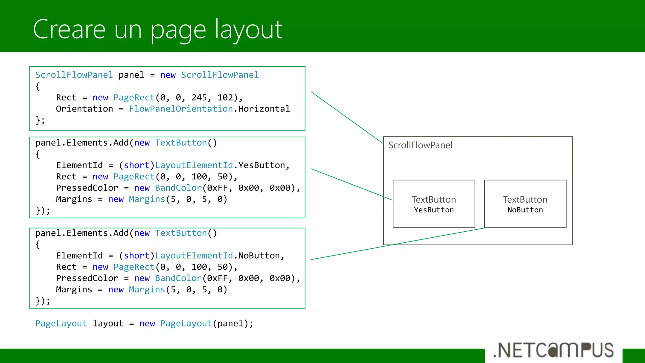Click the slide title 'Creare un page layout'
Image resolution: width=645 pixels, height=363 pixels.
coord(157,30)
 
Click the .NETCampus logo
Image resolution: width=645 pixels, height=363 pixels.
coord(553,350)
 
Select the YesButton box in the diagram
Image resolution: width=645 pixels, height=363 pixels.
coord(434,204)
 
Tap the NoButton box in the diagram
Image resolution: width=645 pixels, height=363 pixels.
coord(525,204)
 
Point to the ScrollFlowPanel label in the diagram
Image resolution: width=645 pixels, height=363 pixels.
coord(420,145)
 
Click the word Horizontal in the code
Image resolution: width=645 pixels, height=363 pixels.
coord(264,109)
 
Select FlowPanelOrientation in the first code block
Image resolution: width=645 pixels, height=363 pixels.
coord(181,109)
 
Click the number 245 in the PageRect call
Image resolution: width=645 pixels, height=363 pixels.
coord(199,98)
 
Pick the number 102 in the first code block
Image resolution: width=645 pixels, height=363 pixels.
coord(225,98)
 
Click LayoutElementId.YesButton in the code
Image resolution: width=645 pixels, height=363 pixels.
coord(220,165)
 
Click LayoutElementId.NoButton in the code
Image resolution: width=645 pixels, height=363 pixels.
coord(217,256)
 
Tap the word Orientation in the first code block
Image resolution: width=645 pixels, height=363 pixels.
coord(84,109)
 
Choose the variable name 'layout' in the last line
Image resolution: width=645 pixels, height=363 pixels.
coord(108,324)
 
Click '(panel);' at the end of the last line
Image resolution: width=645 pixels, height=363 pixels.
coord(233,324)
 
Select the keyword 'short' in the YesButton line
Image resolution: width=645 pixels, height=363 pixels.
coord(136,165)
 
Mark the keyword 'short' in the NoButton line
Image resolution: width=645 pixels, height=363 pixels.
coord(136,256)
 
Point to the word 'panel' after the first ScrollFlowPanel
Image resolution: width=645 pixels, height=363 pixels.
coord(131,75)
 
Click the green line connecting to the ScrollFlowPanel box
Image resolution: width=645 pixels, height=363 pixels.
coord(346,117)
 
